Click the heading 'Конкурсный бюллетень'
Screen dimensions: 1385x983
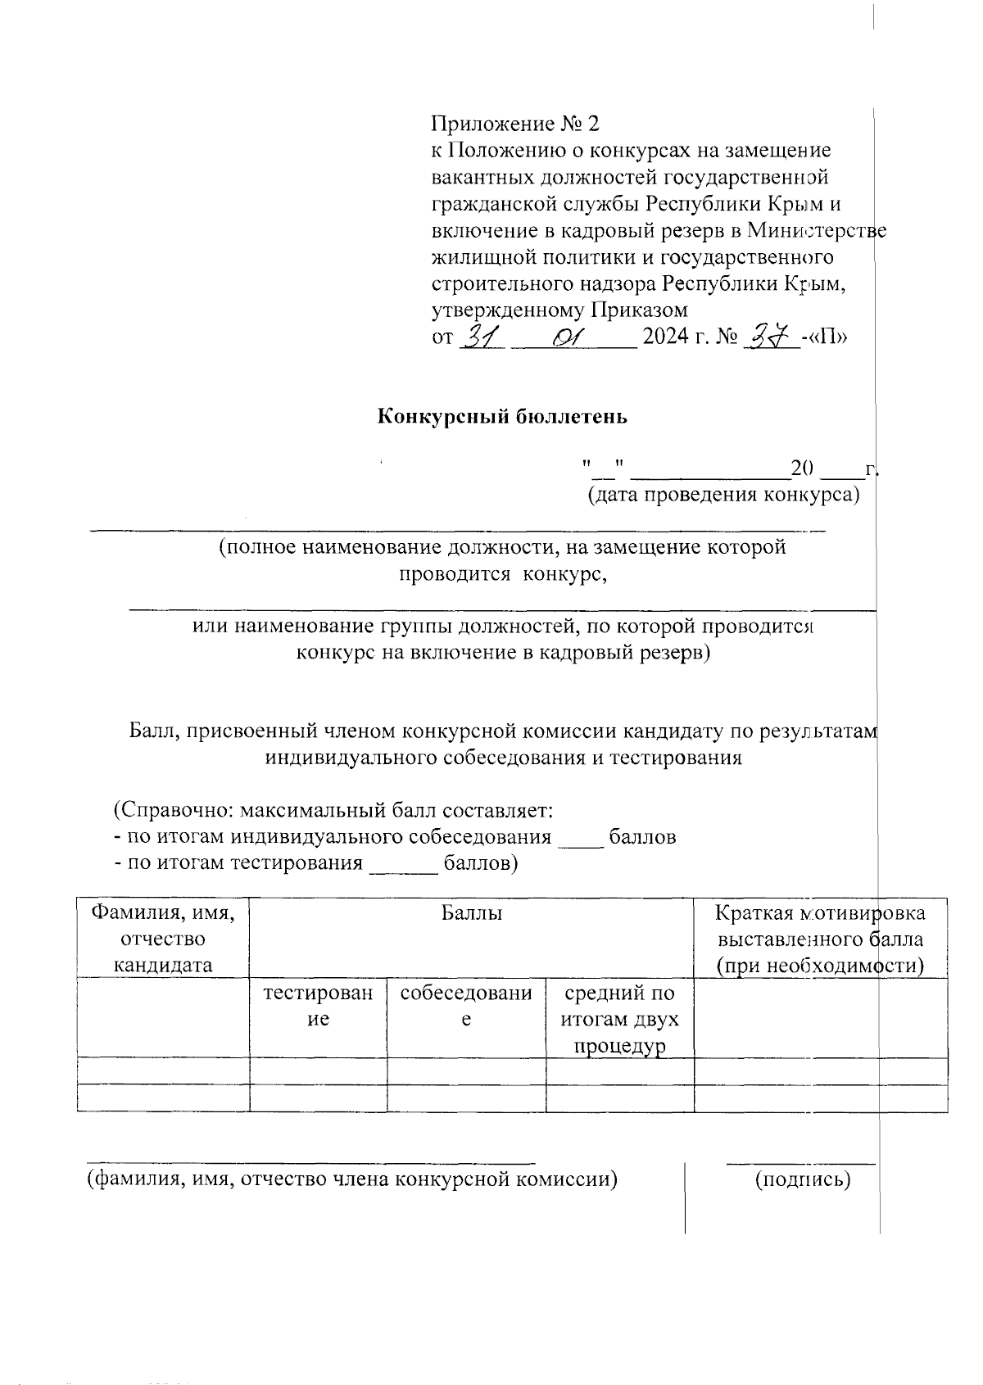501,416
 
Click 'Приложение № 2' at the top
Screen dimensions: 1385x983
515,124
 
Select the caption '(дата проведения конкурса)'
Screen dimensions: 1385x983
723,496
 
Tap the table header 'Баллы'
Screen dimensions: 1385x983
472,912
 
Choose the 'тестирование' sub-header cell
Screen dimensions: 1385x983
318,1006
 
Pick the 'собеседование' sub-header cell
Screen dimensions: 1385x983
466,1006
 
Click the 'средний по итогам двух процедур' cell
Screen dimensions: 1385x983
619,1020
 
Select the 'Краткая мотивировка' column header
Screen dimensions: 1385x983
820,912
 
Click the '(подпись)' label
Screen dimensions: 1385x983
802,1179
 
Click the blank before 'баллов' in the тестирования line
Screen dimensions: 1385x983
405,865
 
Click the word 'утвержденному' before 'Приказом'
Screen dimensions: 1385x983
505,310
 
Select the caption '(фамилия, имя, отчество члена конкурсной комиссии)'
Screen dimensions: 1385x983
352,1179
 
